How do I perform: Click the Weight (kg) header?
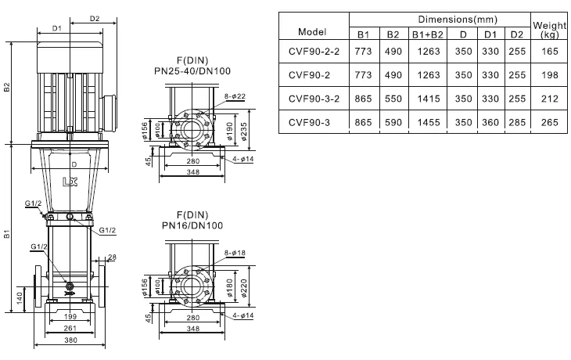pyautogui.click(x=549, y=30)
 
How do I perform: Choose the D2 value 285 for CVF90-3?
pyautogui.click(x=516, y=122)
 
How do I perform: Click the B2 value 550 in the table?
pyautogui.click(x=393, y=99)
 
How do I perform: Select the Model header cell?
pyautogui.click(x=313, y=31)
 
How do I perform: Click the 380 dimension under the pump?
pyautogui.click(x=70, y=341)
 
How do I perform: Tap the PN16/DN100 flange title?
pyautogui.click(x=192, y=225)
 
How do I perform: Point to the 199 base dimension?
pyautogui.click(x=70, y=316)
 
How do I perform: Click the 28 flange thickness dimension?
pyautogui.click(x=112, y=257)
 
